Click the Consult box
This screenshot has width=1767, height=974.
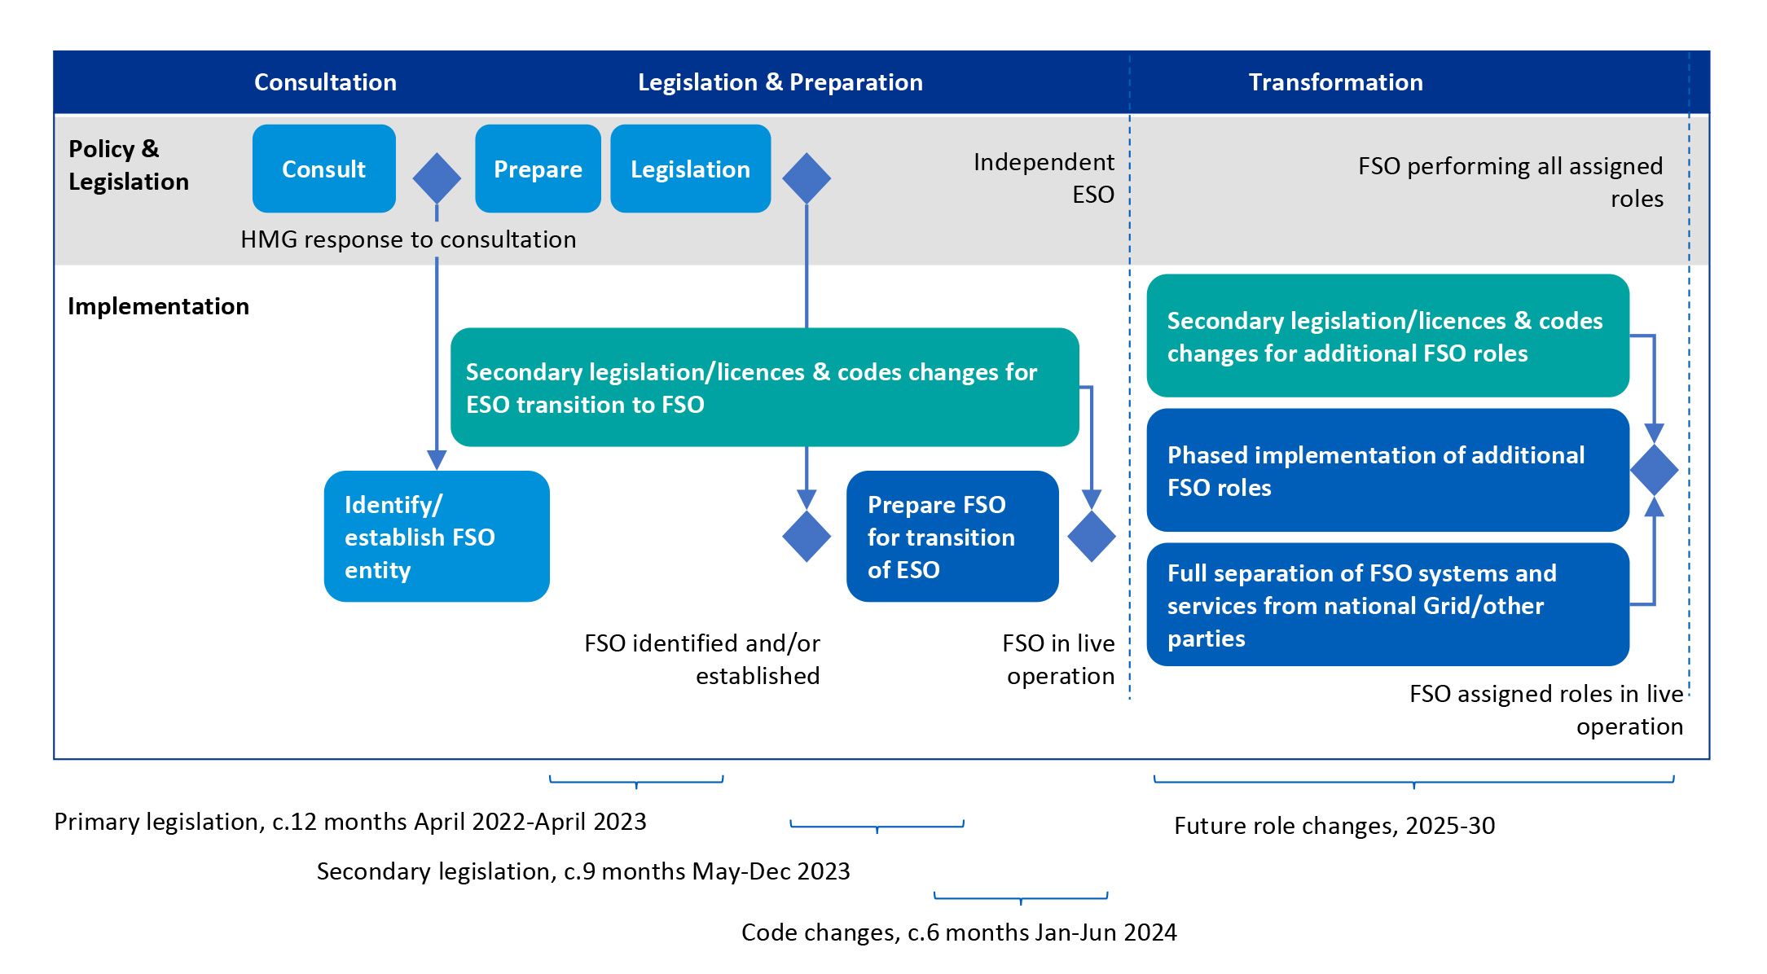[323, 169]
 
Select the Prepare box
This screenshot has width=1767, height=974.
[538, 169]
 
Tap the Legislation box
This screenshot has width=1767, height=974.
[690, 169]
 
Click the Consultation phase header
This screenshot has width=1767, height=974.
[325, 82]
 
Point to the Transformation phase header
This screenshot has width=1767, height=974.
[1335, 82]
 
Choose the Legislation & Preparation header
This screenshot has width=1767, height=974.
[780, 82]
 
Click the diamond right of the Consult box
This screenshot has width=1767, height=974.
[437, 178]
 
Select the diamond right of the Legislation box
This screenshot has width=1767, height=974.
[807, 178]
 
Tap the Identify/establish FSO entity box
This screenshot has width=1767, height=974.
[437, 537]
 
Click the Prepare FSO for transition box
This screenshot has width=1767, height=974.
[952, 537]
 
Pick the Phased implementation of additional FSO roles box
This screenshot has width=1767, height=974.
[1387, 471]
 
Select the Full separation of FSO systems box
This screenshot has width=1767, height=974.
[1387, 605]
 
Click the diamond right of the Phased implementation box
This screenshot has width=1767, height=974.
[1654, 470]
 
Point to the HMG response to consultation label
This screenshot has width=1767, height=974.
[408, 239]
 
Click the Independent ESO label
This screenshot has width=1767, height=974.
[1044, 178]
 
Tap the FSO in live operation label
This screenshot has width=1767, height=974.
[1058, 659]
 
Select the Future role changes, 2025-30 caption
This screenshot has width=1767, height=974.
[1334, 826]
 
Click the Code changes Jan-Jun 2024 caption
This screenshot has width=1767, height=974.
[959, 932]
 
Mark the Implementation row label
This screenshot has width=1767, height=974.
[158, 306]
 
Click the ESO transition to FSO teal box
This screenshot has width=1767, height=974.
[764, 388]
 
